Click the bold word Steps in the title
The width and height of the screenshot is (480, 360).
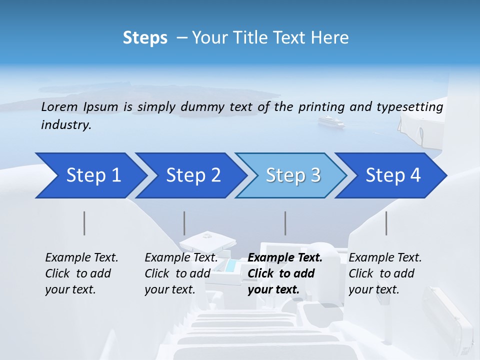[x=145, y=38]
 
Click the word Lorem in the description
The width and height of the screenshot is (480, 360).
[x=59, y=106]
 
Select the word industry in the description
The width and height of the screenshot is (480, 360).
[x=65, y=125]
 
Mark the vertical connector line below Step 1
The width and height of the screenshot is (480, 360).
[x=84, y=223]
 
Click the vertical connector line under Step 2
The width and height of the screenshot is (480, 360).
[x=184, y=223]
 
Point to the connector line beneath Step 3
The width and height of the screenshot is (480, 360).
[x=285, y=223]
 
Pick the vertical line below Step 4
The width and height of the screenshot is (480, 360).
[x=386, y=223]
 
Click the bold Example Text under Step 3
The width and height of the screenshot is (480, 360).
[x=285, y=258]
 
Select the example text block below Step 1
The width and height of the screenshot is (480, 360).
[x=81, y=273]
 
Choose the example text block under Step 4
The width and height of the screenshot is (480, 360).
[x=385, y=273]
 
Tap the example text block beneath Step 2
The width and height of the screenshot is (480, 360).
[x=181, y=273]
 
